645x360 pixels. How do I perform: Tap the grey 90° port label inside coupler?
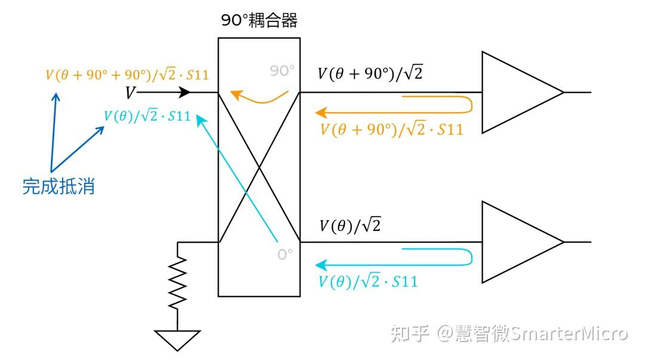point(282,71)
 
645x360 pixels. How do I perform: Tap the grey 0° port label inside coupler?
point(285,254)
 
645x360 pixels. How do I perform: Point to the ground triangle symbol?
point(177,339)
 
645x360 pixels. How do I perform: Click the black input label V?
point(130,93)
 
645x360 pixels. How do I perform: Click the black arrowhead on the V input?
point(185,93)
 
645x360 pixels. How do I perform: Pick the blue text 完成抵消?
point(59,186)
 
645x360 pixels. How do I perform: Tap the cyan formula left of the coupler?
point(147,116)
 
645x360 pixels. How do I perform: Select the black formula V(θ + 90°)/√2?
point(370,74)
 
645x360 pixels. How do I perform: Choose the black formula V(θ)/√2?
point(350,226)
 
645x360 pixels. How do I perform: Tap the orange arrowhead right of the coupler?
point(321,112)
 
